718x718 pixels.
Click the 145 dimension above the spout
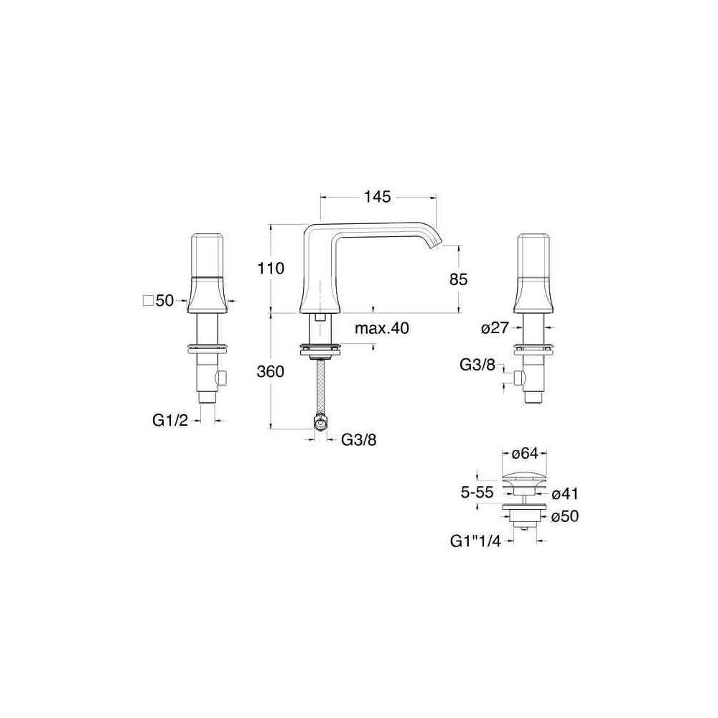[378, 197]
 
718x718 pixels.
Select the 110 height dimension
[271, 268]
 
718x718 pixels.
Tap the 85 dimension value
[458, 279]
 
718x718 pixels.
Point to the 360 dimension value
[270, 371]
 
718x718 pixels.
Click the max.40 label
[382, 328]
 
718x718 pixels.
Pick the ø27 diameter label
[495, 328]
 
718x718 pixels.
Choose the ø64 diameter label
[524, 453]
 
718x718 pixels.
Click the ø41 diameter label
[565, 494]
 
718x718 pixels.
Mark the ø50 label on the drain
[565, 516]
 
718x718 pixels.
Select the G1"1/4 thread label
[476, 541]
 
